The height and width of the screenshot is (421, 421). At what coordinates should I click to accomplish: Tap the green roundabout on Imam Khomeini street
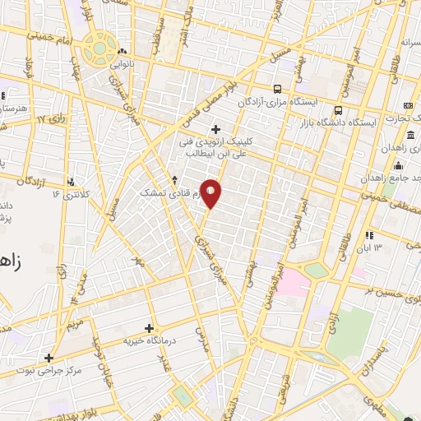[99, 47]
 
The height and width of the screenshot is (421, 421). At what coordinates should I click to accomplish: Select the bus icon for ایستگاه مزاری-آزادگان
[276, 89]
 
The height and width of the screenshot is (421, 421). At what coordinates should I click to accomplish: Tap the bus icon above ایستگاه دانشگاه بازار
[337, 111]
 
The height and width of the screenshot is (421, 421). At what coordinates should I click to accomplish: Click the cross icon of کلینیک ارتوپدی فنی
[215, 129]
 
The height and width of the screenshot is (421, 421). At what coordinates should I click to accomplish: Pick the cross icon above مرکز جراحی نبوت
[49, 358]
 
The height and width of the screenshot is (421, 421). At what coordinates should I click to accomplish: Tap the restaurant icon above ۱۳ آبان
[369, 234]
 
